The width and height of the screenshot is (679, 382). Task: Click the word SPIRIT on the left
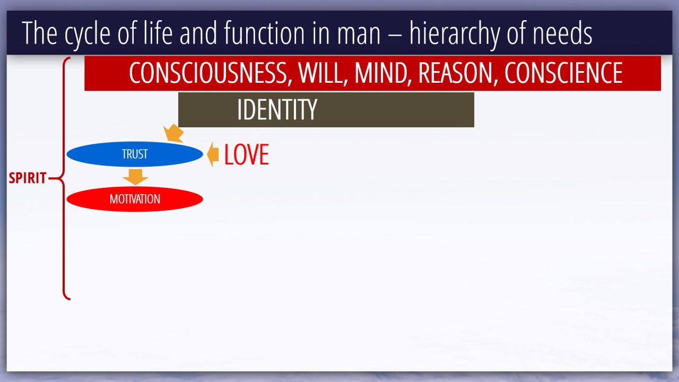tap(28, 178)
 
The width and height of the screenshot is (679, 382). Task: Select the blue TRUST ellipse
tap(135, 154)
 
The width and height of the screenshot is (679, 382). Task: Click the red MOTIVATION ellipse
tap(135, 199)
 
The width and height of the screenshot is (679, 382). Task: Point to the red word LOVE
tap(247, 154)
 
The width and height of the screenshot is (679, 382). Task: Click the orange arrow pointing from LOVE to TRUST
tap(213, 154)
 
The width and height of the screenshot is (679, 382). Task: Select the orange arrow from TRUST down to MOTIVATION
tap(135, 177)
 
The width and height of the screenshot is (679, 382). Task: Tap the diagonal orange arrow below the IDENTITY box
tap(173, 133)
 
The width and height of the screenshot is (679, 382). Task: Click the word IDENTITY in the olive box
tap(277, 109)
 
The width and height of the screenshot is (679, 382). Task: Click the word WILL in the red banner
tap(323, 73)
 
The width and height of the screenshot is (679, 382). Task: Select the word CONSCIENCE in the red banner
tap(563, 73)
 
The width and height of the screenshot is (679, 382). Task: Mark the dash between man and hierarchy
tap(395, 34)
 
